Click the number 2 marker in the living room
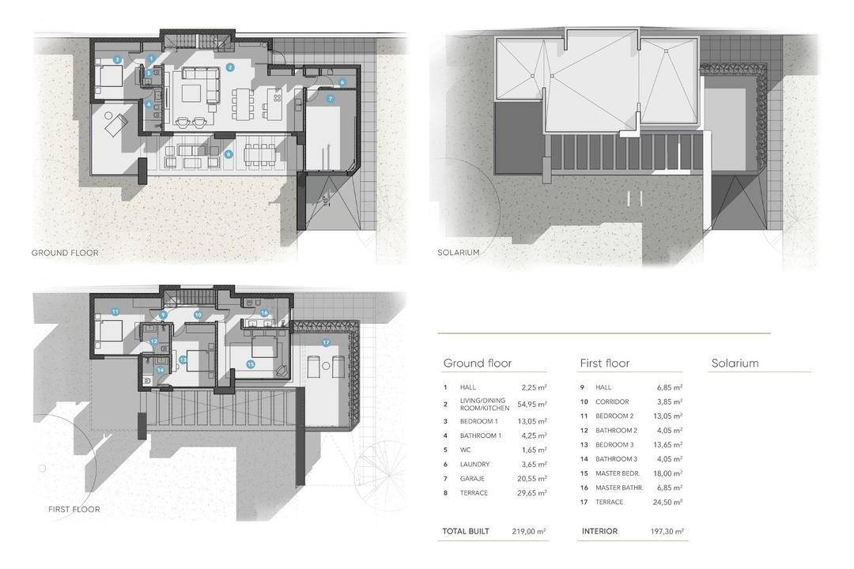pyautogui.click(x=230, y=67)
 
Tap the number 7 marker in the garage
pyautogui.click(x=330, y=99)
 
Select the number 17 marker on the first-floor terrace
pyautogui.click(x=326, y=342)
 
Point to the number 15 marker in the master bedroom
pyautogui.click(x=250, y=364)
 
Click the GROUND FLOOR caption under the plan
pyautogui.click(x=65, y=253)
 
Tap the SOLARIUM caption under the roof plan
pyautogui.click(x=458, y=253)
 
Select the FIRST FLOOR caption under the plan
pyautogui.click(x=69, y=510)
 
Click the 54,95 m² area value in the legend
pyautogui.click(x=531, y=404)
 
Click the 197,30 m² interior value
pyautogui.click(x=669, y=532)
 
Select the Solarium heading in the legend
pyautogui.click(x=735, y=364)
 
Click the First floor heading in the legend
pyautogui.click(x=605, y=364)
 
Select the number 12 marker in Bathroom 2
pyautogui.click(x=154, y=341)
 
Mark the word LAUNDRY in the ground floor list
pyautogui.click(x=474, y=465)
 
